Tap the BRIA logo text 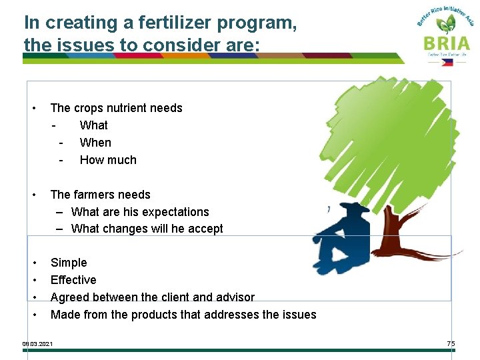click(x=446, y=43)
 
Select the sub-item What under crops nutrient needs click(x=93, y=125)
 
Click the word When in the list click(x=95, y=143)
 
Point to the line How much click(x=108, y=160)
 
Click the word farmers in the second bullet click(x=95, y=195)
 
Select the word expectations click(x=175, y=212)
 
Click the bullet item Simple click(x=69, y=263)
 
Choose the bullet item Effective click(x=73, y=280)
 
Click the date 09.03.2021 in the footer click(x=38, y=344)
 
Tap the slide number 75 click(x=451, y=343)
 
